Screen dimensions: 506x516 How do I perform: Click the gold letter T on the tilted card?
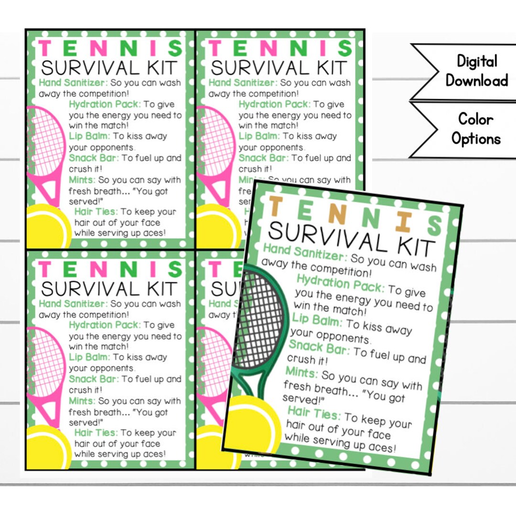[276, 206]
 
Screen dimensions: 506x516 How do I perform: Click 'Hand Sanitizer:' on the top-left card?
[74, 82]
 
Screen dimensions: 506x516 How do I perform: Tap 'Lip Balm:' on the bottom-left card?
[89, 357]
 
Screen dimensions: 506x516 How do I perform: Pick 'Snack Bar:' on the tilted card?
[319, 348]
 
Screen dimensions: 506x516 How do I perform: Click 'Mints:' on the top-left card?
[82, 180]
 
